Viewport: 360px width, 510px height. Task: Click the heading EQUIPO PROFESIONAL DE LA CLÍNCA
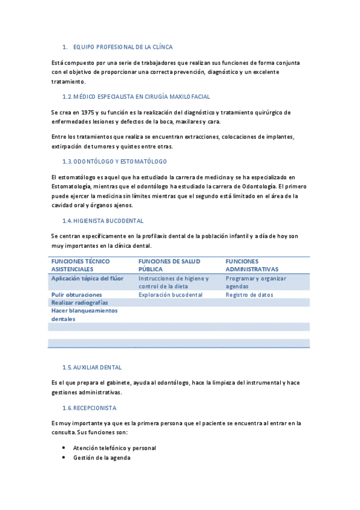click(123, 46)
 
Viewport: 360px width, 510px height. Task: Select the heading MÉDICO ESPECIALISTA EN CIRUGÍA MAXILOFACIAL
click(136, 96)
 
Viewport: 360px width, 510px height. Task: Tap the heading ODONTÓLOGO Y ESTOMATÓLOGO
click(115, 162)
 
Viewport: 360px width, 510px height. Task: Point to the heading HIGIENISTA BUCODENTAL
click(103, 221)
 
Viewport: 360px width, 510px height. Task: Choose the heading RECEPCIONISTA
click(90, 408)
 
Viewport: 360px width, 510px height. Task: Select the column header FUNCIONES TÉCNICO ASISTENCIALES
click(81, 265)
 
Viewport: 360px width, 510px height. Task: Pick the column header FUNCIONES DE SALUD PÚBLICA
click(169, 265)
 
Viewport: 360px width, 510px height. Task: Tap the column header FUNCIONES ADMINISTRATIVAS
click(252, 265)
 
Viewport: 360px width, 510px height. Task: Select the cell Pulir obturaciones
click(76, 295)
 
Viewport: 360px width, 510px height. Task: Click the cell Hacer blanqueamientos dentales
click(84, 315)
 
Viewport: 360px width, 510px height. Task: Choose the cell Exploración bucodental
click(170, 295)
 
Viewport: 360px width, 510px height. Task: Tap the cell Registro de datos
click(249, 295)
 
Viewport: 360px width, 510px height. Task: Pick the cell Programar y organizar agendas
click(255, 283)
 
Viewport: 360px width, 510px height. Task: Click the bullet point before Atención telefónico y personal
click(64, 448)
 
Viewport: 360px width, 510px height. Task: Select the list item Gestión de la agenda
click(102, 458)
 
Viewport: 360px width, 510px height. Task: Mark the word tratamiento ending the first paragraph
click(69, 81)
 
